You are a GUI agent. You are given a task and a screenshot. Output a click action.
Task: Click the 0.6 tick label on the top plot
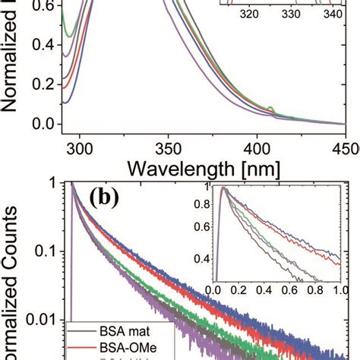42,5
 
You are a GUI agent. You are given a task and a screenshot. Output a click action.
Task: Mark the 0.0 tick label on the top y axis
42,125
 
